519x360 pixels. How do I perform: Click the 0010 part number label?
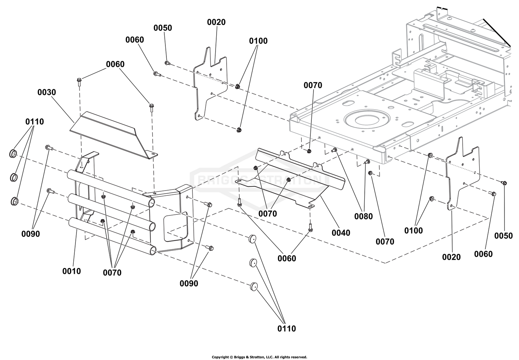click(x=72, y=271)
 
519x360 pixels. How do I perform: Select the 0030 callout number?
click(x=47, y=92)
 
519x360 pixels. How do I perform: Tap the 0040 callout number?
click(x=341, y=233)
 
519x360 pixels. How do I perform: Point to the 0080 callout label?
click(x=364, y=216)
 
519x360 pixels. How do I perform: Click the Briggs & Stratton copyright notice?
click(x=259, y=357)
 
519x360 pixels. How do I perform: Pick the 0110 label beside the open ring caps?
click(x=35, y=122)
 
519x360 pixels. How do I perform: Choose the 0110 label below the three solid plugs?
click(x=286, y=329)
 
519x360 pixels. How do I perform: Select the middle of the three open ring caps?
click(x=14, y=177)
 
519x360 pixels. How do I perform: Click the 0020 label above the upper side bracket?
click(x=216, y=22)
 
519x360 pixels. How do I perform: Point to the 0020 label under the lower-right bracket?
click(x=451, y=257)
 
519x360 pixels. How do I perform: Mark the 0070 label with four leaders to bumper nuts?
click(x=112, y=273)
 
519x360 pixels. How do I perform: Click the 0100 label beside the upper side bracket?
click(x=258, y=41)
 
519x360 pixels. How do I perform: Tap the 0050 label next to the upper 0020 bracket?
click(x=163, y=28)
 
